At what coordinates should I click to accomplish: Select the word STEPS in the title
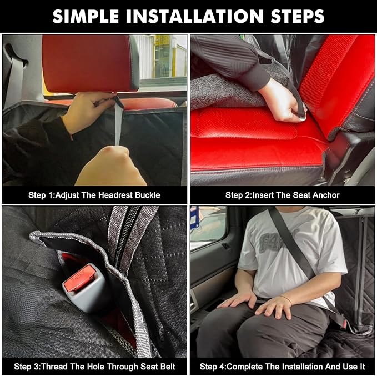click(x=294, y=16)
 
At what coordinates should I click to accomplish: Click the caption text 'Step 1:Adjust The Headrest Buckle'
click(x=94, y=195)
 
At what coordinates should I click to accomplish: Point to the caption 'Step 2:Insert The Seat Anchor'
click(x=282, y=195)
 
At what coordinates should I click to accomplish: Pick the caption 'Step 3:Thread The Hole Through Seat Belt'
click(x=94, y=366)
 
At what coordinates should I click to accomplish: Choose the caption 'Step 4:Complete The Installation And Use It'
click(x=282, y=366)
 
